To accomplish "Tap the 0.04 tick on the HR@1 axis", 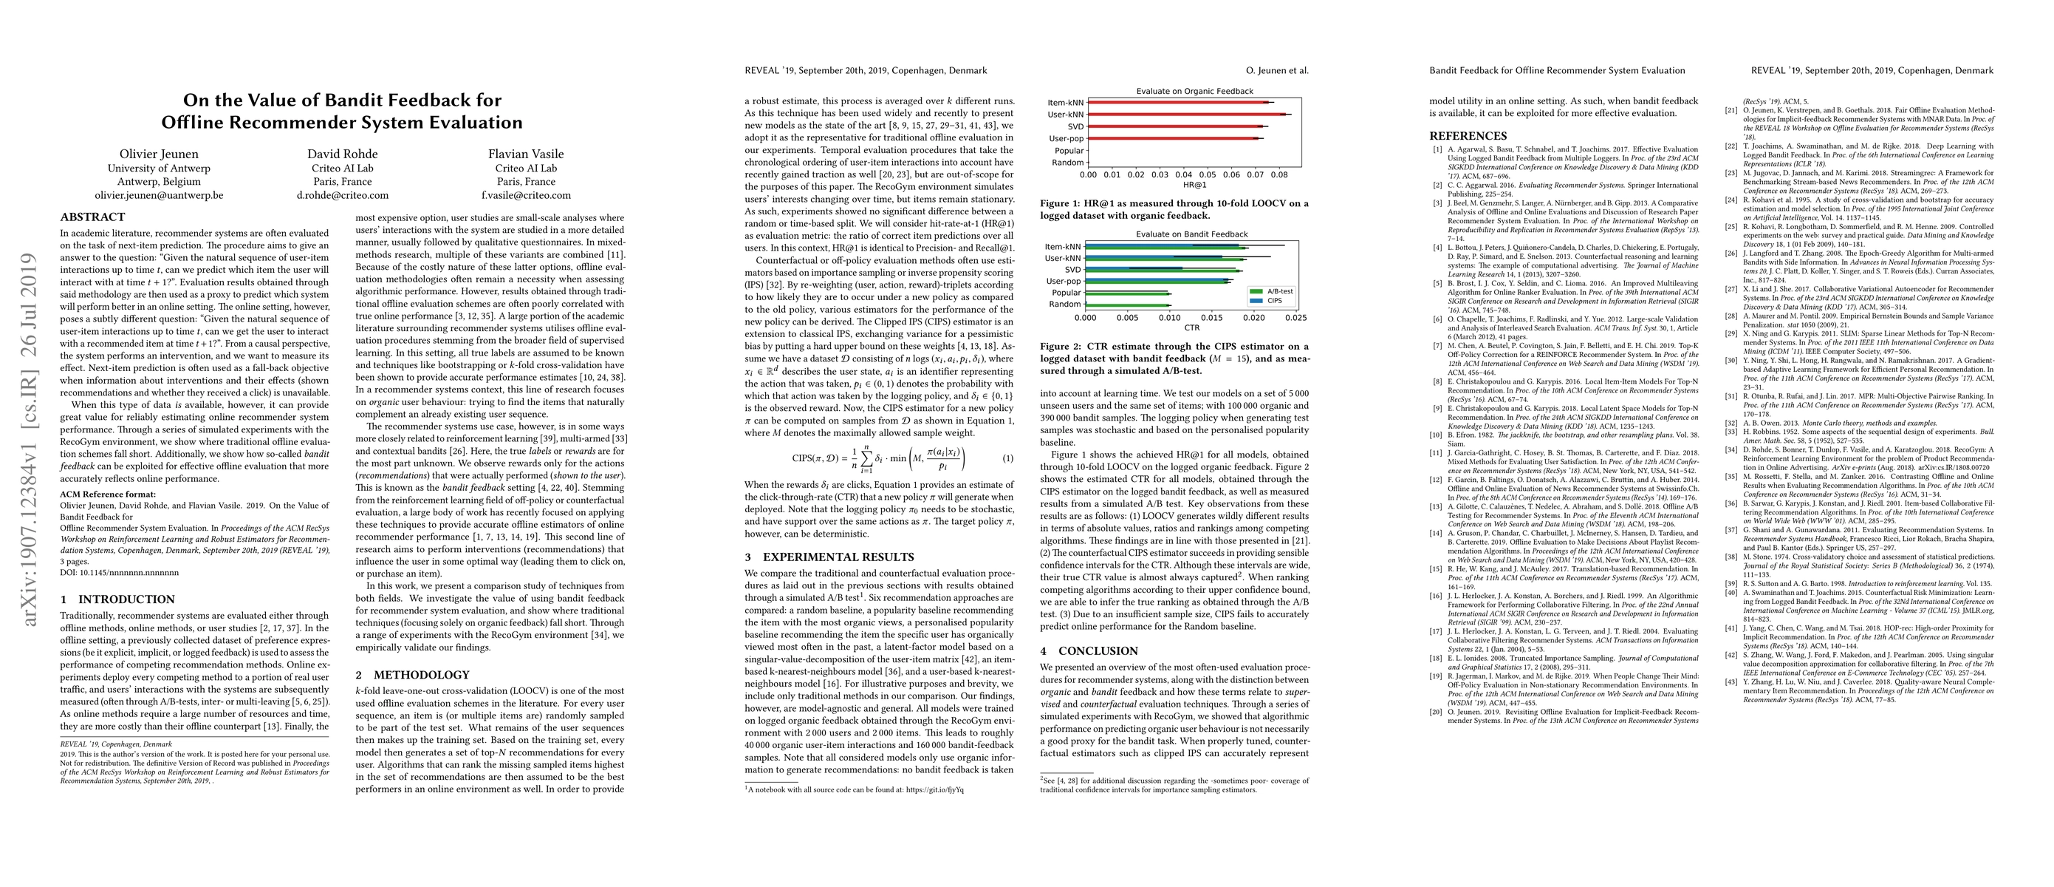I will tap(1183, 174).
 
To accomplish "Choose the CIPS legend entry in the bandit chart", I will tap(1273, 301).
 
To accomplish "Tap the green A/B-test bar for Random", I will tap(1128, 305).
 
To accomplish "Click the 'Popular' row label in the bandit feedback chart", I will tap(1066, 293).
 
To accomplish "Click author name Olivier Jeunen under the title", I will tap(159, 154).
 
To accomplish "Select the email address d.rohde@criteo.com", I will tap(342, 195).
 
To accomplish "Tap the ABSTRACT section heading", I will tap(92, 217).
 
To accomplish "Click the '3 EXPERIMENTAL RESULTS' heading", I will tap(829, 557).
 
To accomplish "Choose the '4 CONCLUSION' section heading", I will tap(1089, 651).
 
